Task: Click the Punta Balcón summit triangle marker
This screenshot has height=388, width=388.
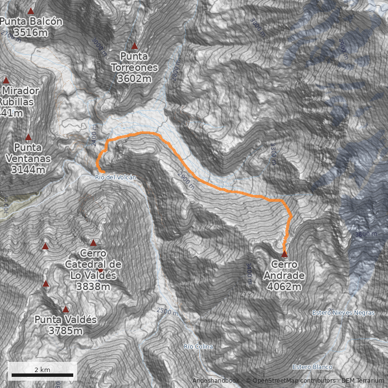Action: (x=31, y=11)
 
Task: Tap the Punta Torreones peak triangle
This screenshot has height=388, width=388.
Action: (x=134, y=47)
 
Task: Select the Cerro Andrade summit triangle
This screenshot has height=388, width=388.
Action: (x=284, y=254)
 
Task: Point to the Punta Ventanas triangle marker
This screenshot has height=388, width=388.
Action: (x=28, y=137)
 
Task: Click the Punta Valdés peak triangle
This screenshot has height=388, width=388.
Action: (x=65, y=309)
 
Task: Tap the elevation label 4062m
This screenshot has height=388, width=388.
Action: (x=284, y=287)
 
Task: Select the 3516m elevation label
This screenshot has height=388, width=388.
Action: (x=31, y=32)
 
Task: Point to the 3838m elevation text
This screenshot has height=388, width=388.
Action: (x=93, y=286)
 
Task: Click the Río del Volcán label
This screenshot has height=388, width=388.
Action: (x=115, y=178)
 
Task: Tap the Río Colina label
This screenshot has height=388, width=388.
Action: (x=198, y=346)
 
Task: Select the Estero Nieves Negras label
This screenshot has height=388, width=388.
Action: (x=343, y=313)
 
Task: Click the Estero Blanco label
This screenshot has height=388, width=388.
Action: (x=312, y=367)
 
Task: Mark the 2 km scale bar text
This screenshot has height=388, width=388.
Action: (x=42, y=370)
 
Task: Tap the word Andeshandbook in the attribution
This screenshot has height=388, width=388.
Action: (x=215, y=380)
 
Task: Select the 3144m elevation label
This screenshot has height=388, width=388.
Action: (x=28, y=170)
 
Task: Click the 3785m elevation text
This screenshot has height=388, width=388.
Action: (x=65, y=331)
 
